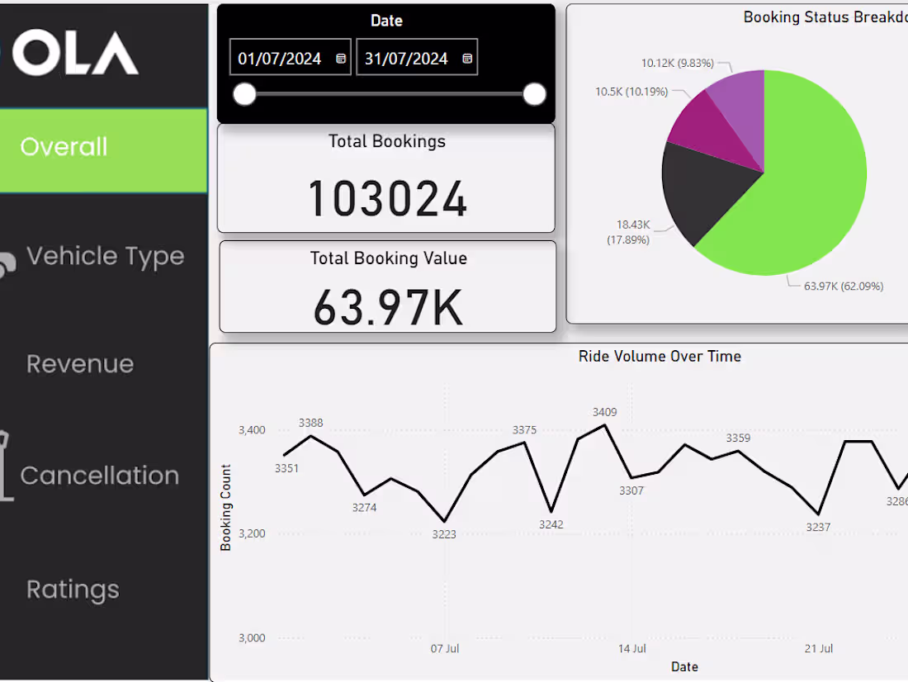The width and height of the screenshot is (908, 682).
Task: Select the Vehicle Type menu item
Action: point(105,257)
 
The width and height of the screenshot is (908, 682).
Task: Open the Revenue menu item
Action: point(80,364)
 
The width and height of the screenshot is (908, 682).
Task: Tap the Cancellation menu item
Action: point(99,476)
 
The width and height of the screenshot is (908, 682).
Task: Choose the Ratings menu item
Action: point(73,590)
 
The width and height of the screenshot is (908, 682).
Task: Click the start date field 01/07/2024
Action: point(280,59)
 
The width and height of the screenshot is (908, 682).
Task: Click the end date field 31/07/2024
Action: point(406,59)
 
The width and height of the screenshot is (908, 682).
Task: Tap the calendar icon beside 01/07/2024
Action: point(341,59)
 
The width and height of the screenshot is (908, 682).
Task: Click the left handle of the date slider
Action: point(244,95)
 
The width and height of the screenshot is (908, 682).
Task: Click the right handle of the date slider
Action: point(535,95)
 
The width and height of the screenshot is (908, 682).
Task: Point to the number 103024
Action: point(387,199)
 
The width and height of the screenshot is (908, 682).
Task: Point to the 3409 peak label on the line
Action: point(604,412)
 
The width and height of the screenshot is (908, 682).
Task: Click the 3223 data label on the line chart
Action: point(444,534)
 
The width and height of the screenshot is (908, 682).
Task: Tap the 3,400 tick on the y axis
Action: point(252,430)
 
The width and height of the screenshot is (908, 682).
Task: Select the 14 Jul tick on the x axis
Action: point(632,649)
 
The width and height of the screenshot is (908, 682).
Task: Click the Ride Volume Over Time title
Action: point(660,357)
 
